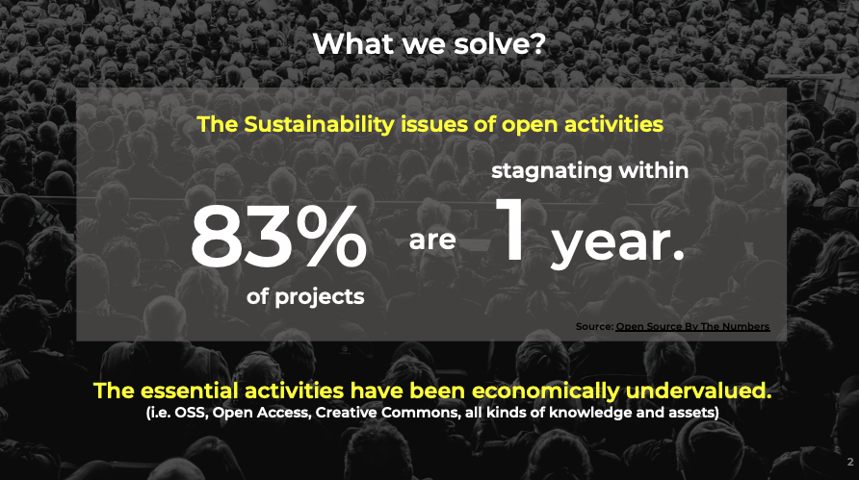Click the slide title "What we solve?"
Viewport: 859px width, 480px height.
click(x=429, y=44)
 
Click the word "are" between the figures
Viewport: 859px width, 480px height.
click(x=432, y=240)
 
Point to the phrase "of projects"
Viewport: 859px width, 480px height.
click(x=305, y=296)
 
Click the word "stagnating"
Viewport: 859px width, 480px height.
click(x=551, y=171)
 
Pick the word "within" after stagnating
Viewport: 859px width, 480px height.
click(x=654, y=170)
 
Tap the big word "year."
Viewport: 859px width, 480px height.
click(x=618, y=242)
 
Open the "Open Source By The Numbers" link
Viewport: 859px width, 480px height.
click(x=692, y=327)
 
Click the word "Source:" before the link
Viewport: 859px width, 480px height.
click(x=594, y=327)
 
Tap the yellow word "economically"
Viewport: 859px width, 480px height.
click(x=545, y=392)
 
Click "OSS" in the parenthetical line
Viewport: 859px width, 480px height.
click(x=190, y=412)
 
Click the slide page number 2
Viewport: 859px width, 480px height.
click(x=850, y=462)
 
